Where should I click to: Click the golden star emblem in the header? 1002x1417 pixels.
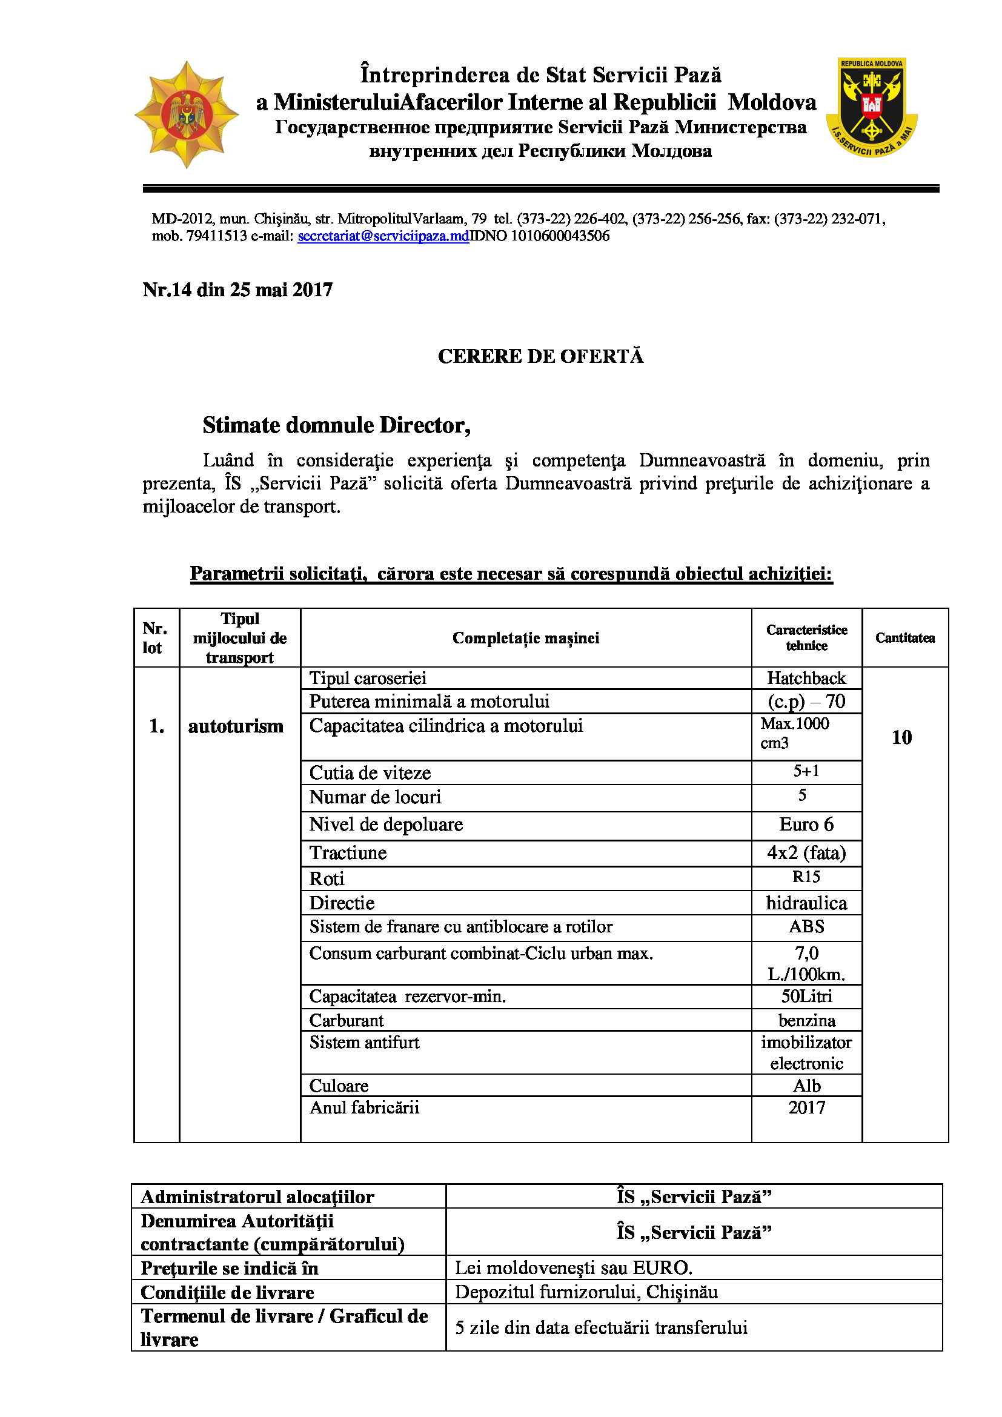tap(187, 114)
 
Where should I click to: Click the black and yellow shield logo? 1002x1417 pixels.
tap(871, 107)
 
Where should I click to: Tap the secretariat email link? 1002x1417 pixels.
tap(383, 236)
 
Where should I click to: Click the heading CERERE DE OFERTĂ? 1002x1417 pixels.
tap(540, 357)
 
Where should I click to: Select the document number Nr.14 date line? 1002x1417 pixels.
tap(237, 290)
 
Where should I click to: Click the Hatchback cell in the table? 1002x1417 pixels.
tap(806, 679)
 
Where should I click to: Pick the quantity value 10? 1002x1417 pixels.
tap(901, 737)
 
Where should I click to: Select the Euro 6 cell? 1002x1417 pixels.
tap(806, 825)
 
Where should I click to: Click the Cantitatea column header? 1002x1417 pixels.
tap(904, 638)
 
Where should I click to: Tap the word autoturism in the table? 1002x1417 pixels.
tap(236, 726)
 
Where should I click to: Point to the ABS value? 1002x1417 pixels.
tap(806, 927)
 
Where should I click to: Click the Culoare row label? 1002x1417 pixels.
tap(339, 1086)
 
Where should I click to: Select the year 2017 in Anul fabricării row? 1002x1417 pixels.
tap(806, 1108)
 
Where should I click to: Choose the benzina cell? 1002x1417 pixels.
tap(806, 1021)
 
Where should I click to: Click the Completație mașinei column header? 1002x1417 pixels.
tap(526, 638)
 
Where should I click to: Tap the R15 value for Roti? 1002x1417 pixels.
tap(806, 877)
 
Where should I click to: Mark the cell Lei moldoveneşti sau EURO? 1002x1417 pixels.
tap(574, 1267)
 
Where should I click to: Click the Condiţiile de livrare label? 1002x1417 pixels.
tap(227, 1292)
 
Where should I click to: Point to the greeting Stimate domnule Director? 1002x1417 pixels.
tap(336, 426)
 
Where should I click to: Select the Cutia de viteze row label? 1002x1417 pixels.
tap(370, 773)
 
